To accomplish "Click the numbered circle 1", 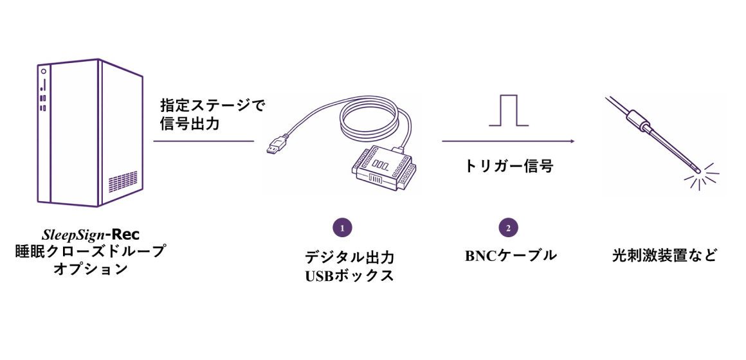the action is tap(342, 228).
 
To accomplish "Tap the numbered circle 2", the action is tap(508, 228).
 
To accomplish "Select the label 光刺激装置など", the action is tap(664, 256).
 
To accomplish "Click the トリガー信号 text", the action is tap(508, 166).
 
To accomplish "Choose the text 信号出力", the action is tap(189, 125).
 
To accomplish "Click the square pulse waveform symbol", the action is tap(509, 111).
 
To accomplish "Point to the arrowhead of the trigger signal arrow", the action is tap(572, 141).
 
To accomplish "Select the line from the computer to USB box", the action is tap(204, 141).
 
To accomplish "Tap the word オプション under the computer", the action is tap(91, 269).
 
